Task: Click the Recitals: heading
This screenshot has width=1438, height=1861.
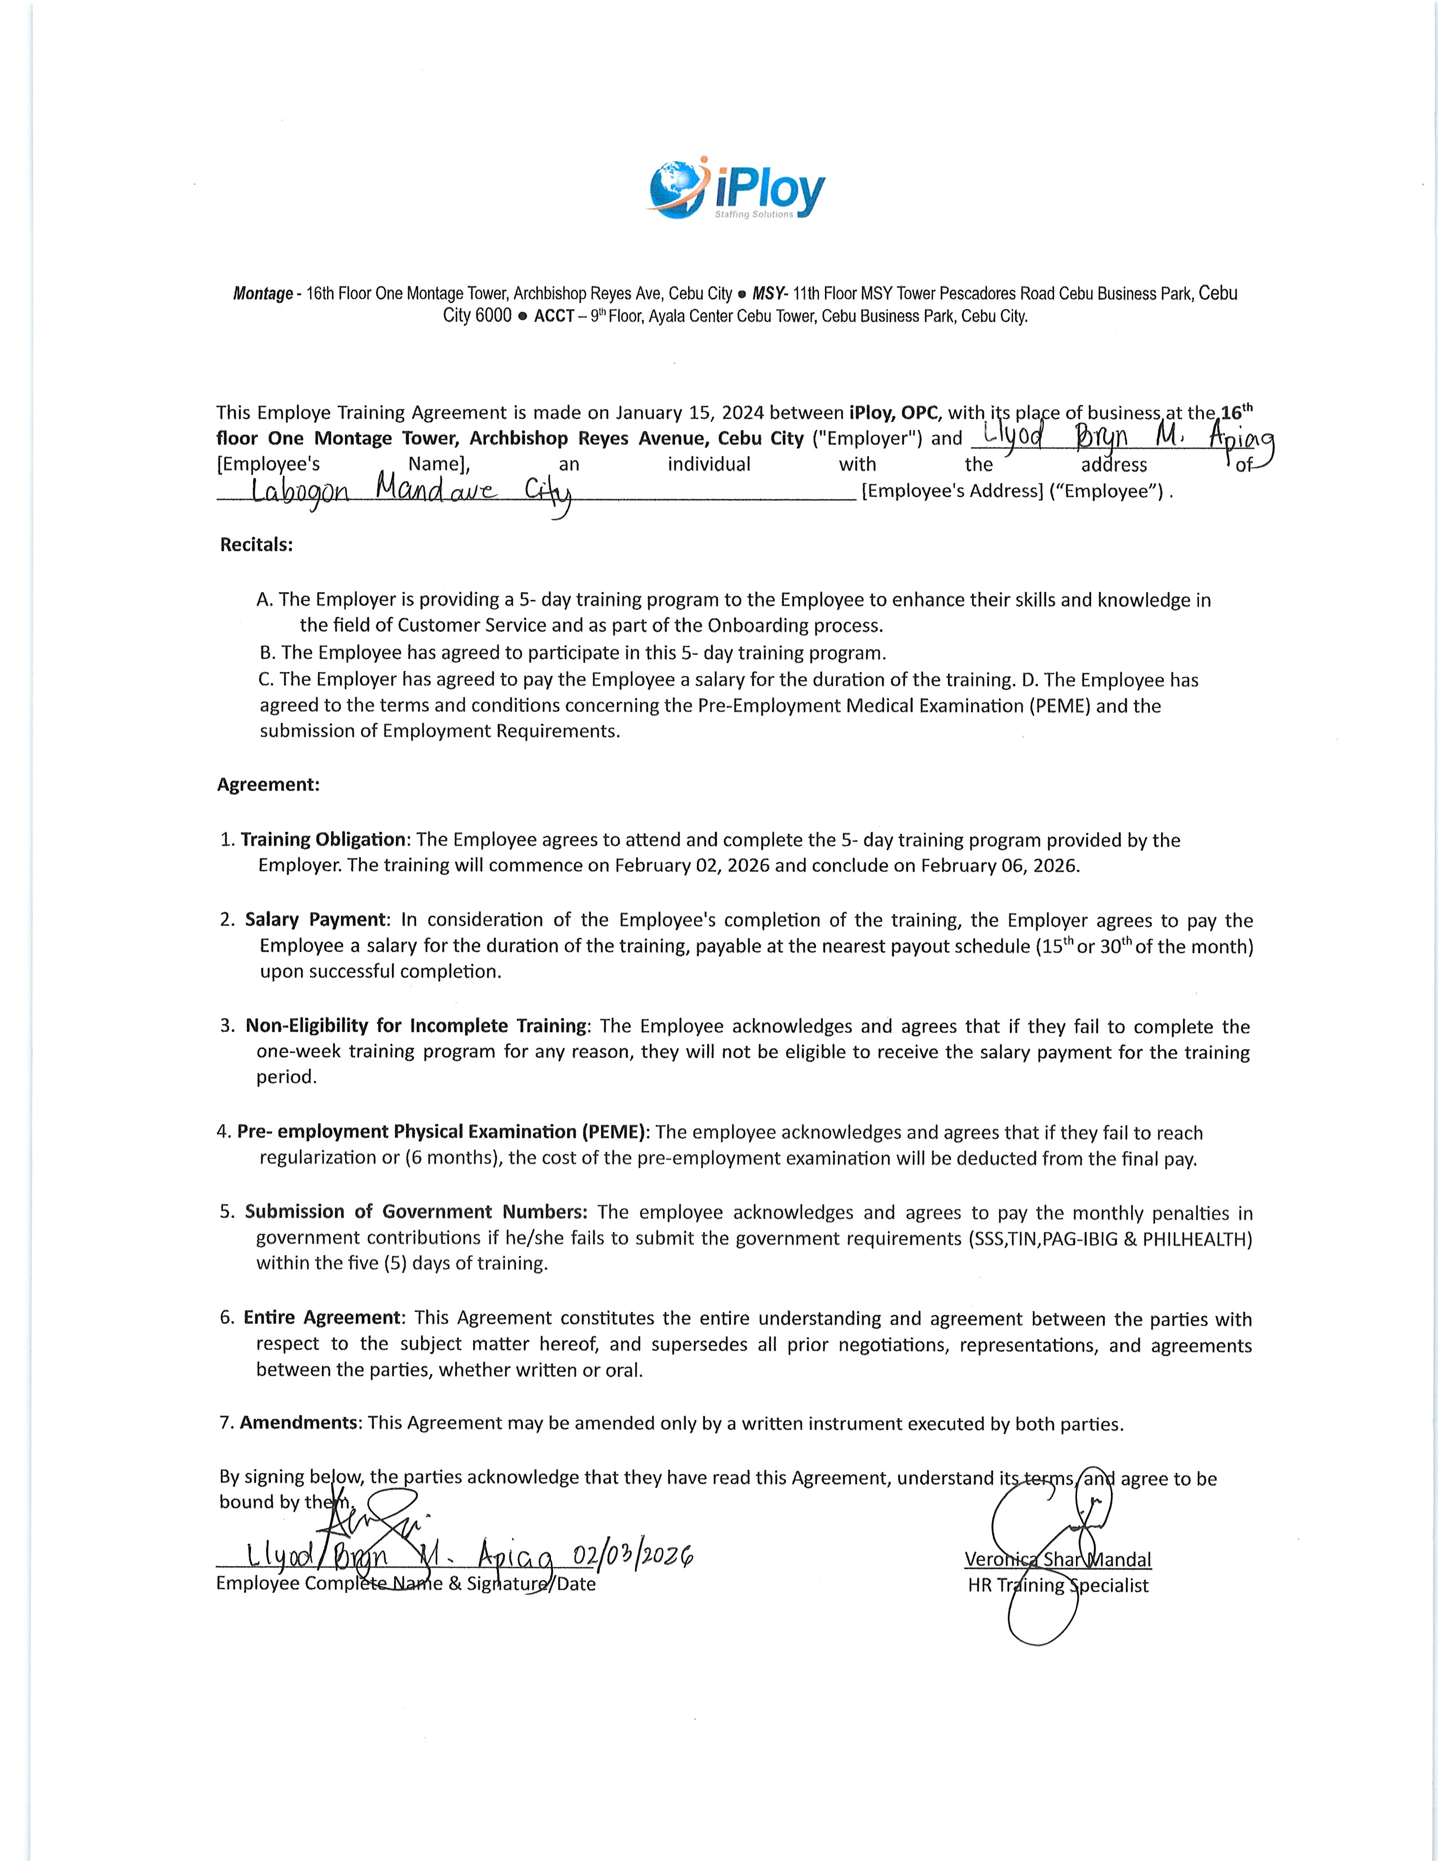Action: pyautogui.click(x=257, y=545)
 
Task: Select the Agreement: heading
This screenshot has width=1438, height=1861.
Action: pyautogui.click(x=268, y=785)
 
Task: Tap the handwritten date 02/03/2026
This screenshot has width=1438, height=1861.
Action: pyautogui.click(x=632, y=1556)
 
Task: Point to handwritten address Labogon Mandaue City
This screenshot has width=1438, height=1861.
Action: pyautogui.click(x=412, y=492)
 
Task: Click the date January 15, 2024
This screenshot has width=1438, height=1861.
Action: pyautogui.click(x=687, y=413)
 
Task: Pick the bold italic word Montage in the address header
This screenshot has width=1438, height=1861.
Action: pyautogui.click(x=262, y=294)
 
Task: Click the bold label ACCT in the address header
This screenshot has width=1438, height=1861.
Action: pyautogui.click(x=554, y=316)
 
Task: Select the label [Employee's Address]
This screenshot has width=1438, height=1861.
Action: pyautogui.click(x=952, y=492)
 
